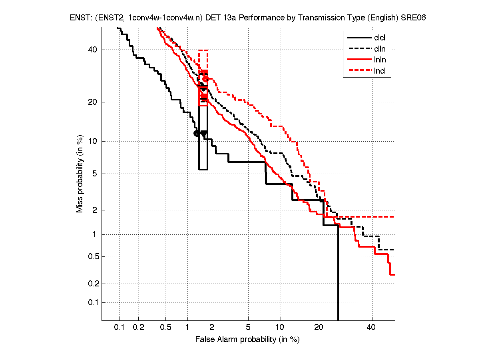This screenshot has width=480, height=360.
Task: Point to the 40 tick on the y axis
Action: pyautogui.click(x=93, y=50)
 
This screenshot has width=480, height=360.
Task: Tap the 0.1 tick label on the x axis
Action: pyautogui.click(x=120, y=328)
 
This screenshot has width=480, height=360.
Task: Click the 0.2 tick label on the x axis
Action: pyautogui.click(x=139, y=328)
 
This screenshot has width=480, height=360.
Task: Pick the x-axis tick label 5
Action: pyautogui.click(x=248, y=328)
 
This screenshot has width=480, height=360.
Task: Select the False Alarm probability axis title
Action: pyautogui.click(x=247, y=340)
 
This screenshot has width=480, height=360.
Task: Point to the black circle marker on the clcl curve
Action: pyautogui.click(x=196, y=133)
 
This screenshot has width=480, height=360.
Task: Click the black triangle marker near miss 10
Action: pyautogui.click(x=204, y=134)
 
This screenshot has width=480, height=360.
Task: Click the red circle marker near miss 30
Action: pyautogui.click(x=205, y=79)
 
